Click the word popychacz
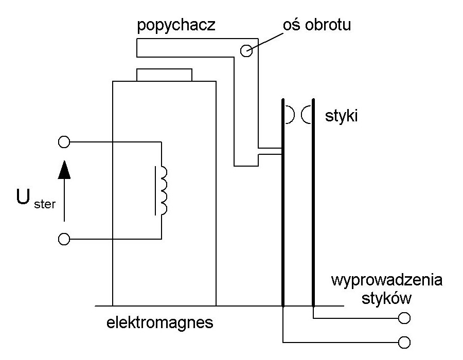[176, 25]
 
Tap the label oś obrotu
[317, 25]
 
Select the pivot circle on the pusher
[246, 51]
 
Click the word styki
[342, 115]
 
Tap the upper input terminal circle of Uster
[64, 142]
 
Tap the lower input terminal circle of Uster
[64, 239]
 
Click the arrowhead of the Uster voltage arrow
[64, 170]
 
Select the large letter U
[23, 197]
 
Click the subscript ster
[45, 204]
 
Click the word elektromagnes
[160, 322]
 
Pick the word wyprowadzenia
[387, 280]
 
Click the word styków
[386, 298]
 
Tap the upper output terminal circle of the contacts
[404, 318]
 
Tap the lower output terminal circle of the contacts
[404, 343]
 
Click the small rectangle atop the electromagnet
[164, 75]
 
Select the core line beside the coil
[155, 191]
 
